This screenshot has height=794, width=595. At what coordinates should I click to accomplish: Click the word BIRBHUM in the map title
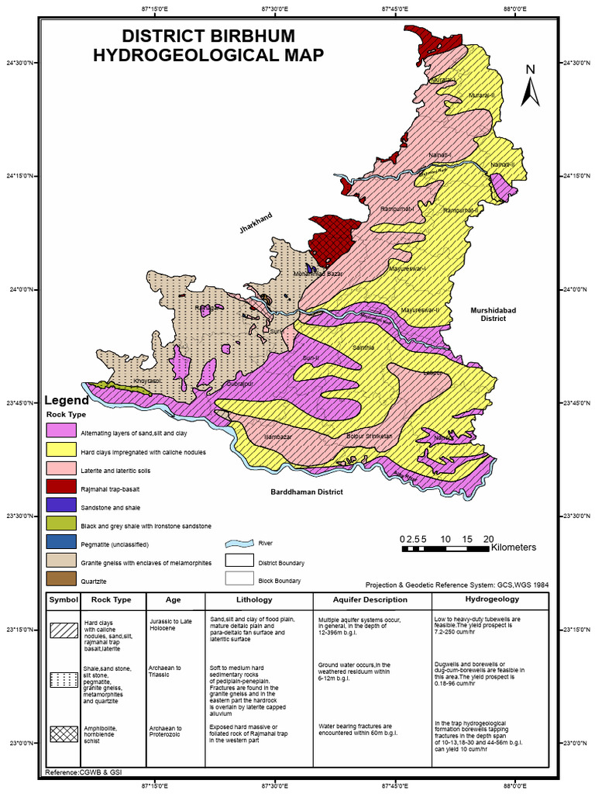[x=256, y=36]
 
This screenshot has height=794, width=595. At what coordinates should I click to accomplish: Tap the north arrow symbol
[x=530, y=85]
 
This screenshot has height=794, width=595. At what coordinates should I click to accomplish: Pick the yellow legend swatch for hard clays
[x=60, y=451]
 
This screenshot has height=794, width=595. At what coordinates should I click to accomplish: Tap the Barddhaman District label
[x=306, y=492]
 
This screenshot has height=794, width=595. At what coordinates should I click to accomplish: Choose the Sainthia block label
[x=363, y=347]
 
